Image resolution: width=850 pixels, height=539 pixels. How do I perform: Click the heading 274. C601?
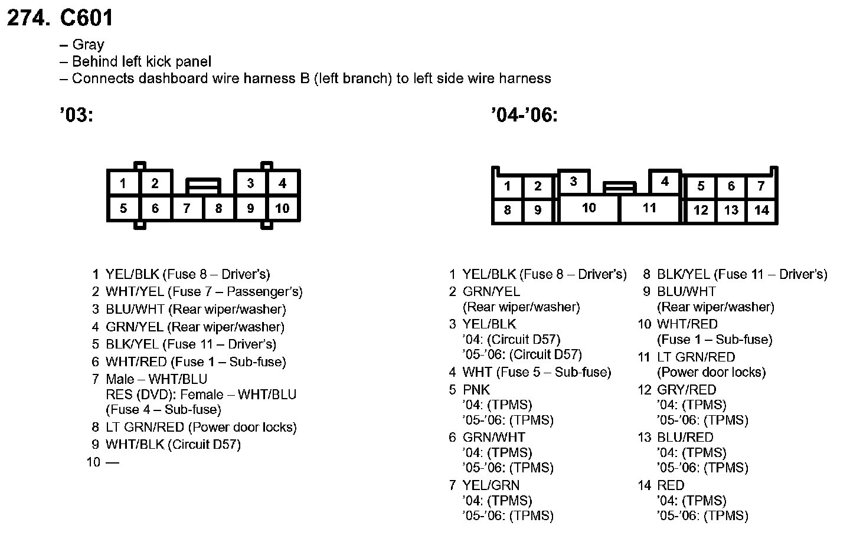click(x=60, y=18)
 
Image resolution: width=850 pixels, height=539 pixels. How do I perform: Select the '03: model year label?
click(x=77, y=114)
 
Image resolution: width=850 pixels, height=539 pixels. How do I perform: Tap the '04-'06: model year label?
click(x=524, y=114)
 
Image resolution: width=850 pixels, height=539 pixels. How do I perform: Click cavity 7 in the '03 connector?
click(x=187, y=208)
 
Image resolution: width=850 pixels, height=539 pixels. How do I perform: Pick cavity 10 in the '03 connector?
click(x=282, y=208)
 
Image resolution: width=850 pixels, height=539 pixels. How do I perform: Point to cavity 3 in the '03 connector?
click(x=250, y=183)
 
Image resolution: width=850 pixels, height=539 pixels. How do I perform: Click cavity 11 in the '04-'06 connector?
click(x=649, y=208)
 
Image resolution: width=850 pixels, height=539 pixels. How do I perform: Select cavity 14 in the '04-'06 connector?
click(x=761, y=210)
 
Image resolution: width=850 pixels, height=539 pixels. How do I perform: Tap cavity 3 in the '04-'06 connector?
click(x=573, y=182)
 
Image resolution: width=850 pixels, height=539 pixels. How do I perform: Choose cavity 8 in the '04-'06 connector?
click(x=507, y=210)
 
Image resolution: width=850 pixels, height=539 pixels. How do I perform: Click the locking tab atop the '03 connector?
click(x=204, y=186)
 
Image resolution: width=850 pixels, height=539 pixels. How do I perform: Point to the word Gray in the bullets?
click(x=88, y=45)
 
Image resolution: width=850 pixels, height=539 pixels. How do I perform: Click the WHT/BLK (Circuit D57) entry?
click(x=173, y=445)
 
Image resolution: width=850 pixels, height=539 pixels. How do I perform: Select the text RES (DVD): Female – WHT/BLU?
click(x=201, y=395)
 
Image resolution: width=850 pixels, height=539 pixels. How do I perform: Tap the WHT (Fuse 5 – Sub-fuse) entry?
click(x=537, y=372)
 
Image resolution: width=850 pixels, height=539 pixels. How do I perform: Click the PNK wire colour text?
click(x=476, y=390)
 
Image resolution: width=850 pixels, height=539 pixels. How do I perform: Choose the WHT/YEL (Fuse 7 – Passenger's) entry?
click(x=204, y=292)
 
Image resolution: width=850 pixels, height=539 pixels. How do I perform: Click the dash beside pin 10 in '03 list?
click(x=112, y=462)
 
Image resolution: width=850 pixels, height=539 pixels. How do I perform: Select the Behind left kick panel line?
click(x=141, y=62)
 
